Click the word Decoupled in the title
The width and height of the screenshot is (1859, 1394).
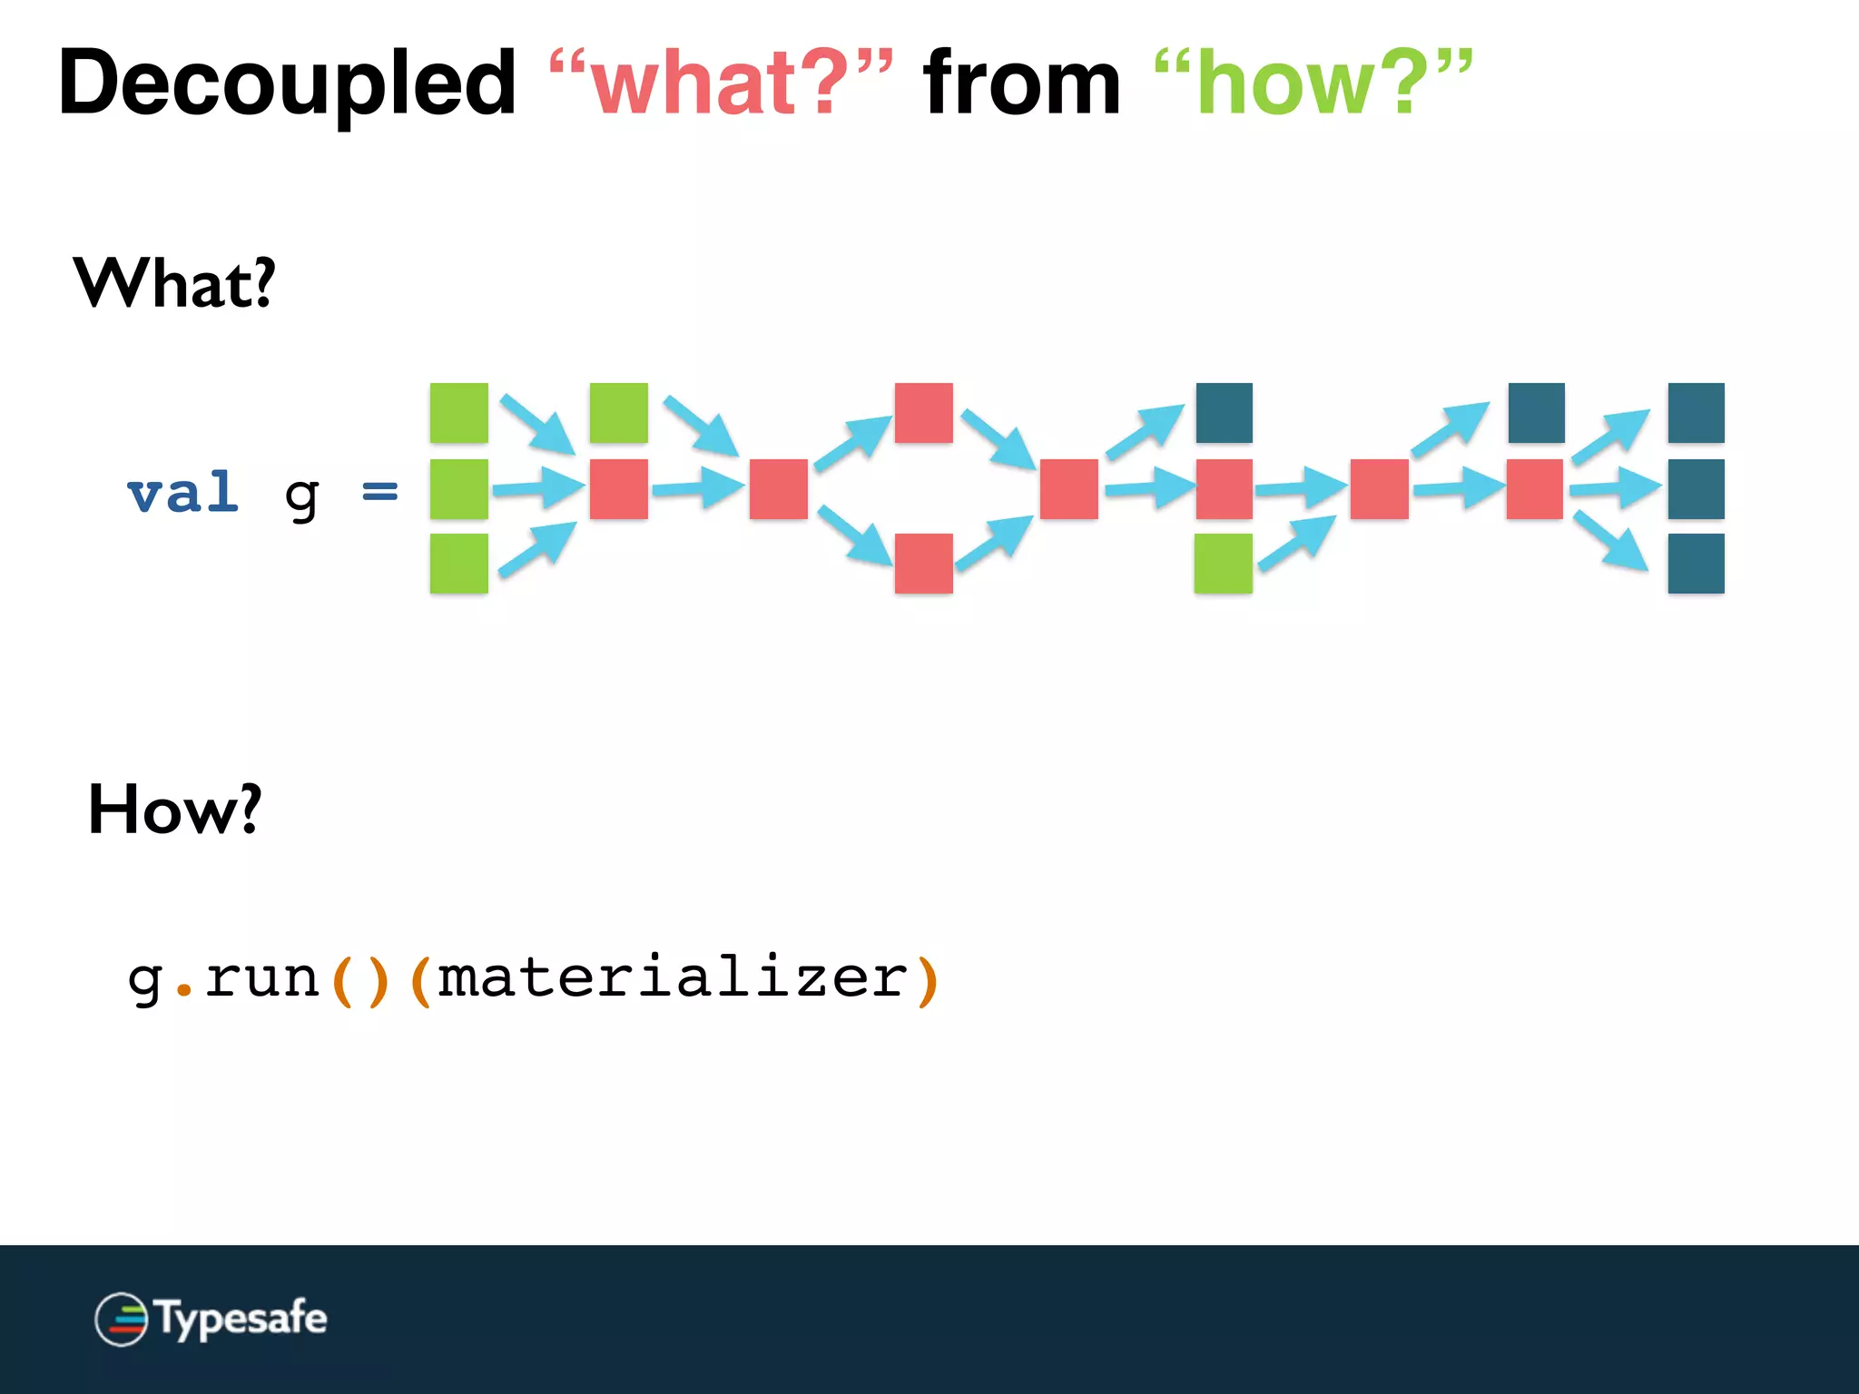coord(287,84)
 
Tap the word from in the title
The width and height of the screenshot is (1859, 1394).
coord(1022,84)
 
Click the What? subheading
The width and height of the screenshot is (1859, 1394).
coord(173,283)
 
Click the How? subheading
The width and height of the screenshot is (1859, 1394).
coord(174,810)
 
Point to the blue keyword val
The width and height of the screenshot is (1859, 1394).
coord(183,494)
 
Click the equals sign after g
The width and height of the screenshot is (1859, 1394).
coord(379,492)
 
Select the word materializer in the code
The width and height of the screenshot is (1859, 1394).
coord(673,978)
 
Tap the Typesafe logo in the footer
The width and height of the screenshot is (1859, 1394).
coord(211,1319)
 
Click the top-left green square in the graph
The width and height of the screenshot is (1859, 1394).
coord(458,413)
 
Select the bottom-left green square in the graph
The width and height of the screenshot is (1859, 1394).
coord(458,564)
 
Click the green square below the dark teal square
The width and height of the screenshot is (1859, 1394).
coord(1223,564)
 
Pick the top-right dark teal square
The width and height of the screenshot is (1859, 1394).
coord(1696,413)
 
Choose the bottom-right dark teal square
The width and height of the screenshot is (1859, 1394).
coord(1696,564)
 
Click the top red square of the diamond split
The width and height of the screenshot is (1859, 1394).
coord(923,413)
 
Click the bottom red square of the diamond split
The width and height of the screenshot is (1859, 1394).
coord(923,564)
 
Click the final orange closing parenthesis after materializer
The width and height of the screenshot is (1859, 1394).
coord(928,980)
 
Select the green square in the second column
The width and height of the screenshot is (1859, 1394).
coord(618,413)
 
